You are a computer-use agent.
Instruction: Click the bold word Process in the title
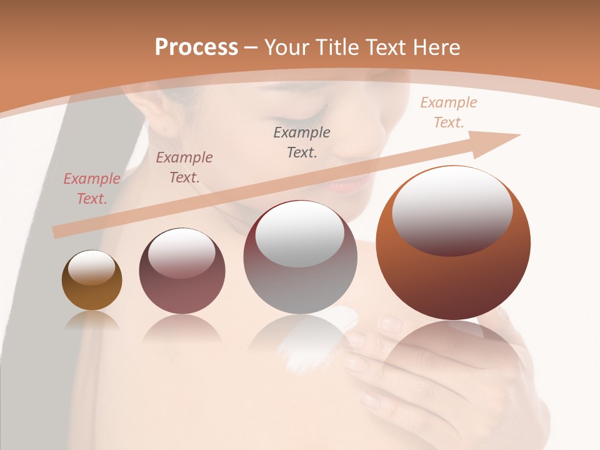click(x=196, y=47)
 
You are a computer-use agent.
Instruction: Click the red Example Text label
click(x=92, y=189)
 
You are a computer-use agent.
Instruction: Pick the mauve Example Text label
click(x=184, y=167)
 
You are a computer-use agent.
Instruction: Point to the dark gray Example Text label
click(x=302, y=142)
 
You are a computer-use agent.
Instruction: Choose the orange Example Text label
click(x=449, y=112)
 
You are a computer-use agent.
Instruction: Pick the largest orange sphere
click(x=453, y=275)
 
